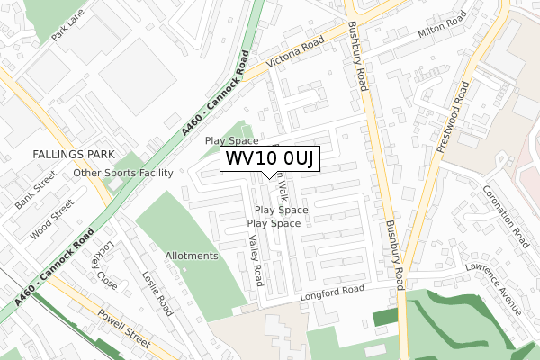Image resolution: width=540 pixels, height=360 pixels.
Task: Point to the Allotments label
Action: tap(192, 256)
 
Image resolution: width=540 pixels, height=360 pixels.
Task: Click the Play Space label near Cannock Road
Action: tap(231, 141)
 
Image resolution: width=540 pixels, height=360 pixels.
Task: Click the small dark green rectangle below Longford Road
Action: tap(384, 317)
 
